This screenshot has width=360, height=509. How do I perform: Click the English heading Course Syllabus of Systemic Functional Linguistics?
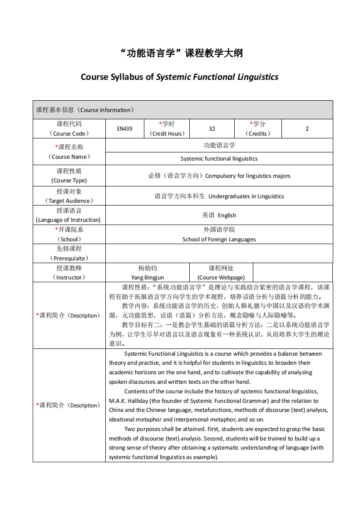pyautogui.click(x=179, y=77)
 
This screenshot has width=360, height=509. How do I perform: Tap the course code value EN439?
pyautogui.click(x=124, y=129)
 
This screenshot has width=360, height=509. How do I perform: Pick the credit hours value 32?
pyautogui.click(x=212, y=129)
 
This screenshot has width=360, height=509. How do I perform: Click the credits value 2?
pyautogui.click(x=307, y=129)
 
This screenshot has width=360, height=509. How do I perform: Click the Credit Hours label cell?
pyautogui.click(x=168, y=129)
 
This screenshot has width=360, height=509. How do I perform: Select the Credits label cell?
pyautogui.click(x=258, y=129)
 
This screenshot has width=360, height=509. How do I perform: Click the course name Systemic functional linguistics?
pyautogui.click(x=219, y=159)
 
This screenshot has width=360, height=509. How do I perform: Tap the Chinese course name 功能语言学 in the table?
pyautogui.click(x=219, y=146)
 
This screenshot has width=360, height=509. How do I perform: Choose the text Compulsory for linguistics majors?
pyautogui.click(x=247, y=176)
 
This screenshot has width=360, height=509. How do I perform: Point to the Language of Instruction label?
pyautogui.click(x=69, y=220)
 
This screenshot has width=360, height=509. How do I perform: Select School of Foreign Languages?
pyautogui.click(x=219, y=240)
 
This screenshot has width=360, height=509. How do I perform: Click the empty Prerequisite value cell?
pyautogui.click(x=219, y=253)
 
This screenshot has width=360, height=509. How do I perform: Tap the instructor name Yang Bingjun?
pyautogui.click(x=148, y=277)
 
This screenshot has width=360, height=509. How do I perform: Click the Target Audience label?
pyautogui.click(x=69, y=201)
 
